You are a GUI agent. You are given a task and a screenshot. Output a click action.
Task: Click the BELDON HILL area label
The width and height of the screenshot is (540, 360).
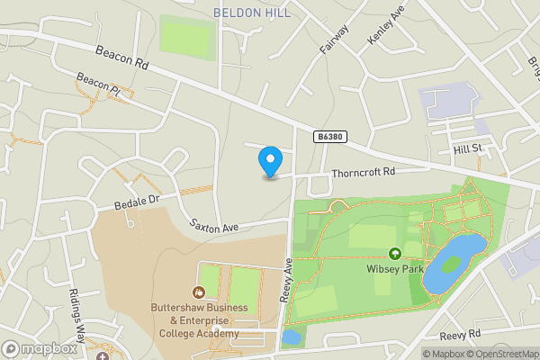point(250,13)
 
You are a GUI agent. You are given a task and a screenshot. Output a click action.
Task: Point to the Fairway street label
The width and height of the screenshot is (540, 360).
point(333,40)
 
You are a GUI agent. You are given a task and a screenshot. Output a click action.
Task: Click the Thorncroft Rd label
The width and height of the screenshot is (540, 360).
point(364,172)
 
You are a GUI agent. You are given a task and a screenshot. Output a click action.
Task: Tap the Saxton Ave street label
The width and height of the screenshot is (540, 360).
point(213,225)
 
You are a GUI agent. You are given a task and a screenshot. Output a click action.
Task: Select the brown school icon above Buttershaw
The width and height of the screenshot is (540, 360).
point(199,292)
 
